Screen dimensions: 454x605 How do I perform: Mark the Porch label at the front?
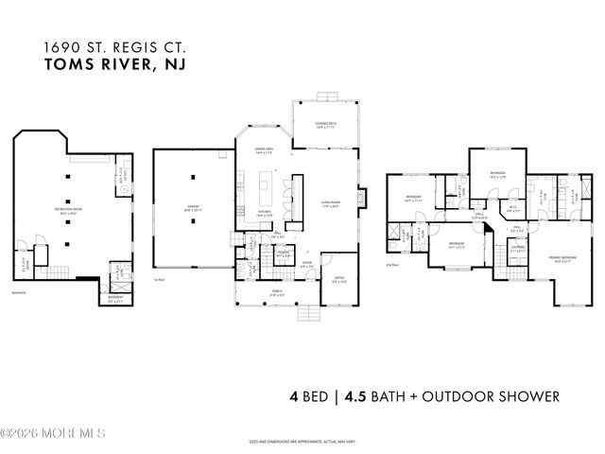click(x=278, y=293)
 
